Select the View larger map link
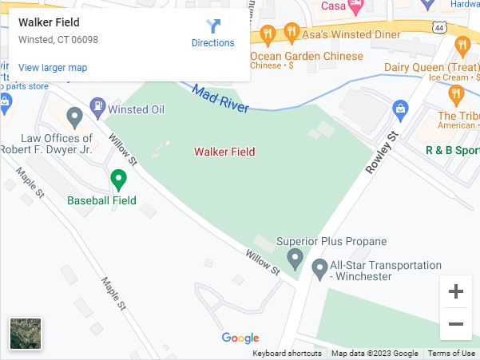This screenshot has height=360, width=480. click(x=53, y=68)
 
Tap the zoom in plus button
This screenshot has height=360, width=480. click(x=456, y=292)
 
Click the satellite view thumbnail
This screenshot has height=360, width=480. click(x=26, y=334)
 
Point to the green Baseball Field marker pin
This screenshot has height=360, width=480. click(x=118, y=180)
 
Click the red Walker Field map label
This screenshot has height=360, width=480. click(x=224, y=152)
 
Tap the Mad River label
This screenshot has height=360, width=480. click(x=220, y=98)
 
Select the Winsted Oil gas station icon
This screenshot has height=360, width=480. click(x=97, y=105)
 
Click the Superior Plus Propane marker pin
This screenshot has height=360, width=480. click(x=295, y=259)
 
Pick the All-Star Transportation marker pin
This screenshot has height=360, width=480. click(x=319, y=268)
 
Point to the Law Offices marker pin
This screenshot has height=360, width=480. click(x=75, y=118)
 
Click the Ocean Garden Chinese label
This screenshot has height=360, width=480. click(x=307, y=56)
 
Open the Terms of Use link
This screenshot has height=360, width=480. click(x=451, y=354)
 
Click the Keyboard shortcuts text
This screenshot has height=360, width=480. click(x=287, y=354)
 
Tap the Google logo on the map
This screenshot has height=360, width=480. click(x=240, y=338)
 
